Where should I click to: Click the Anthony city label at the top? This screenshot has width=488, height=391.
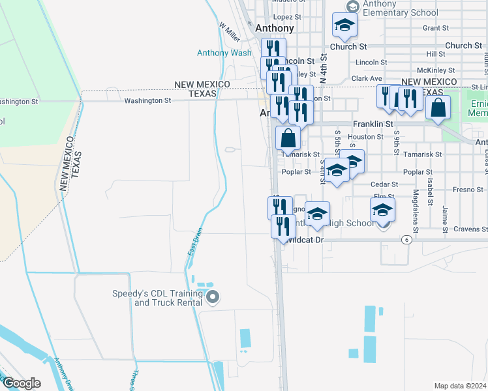(274, 29)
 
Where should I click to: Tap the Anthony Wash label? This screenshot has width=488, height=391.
(224, 53)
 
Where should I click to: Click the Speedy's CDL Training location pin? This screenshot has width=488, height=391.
(212, 298)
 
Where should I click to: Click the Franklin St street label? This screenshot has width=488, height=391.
(373, 123)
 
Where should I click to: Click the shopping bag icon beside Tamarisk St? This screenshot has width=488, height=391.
(288, 138)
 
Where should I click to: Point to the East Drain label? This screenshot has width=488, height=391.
(192, 242)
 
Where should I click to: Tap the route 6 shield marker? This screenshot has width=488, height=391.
(406, 240)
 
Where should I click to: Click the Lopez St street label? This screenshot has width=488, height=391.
(288, 17)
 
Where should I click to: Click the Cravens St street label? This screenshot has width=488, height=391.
(472, 229)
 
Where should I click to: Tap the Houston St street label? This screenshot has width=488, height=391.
(365, 137)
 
